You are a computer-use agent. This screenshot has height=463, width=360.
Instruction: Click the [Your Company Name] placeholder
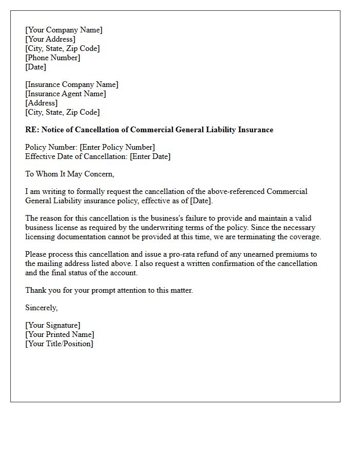[x=64, y=30]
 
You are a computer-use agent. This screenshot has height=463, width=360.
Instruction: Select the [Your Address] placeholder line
[x=50, y=39]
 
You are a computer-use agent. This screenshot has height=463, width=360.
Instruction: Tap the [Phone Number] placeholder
[x=52, y=58]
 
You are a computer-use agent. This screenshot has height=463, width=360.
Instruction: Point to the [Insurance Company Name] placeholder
[x=71, y=84]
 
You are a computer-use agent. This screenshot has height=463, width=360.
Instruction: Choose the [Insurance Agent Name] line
[x=65, y=94]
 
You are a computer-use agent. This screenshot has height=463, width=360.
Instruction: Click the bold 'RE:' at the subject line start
[x=32, y=130]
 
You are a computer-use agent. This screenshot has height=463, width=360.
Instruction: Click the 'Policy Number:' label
[x=51, y=147]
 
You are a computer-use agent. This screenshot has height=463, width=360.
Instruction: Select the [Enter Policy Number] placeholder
[x=117, y=147]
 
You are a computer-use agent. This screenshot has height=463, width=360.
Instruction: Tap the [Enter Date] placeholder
[x=150, y=156]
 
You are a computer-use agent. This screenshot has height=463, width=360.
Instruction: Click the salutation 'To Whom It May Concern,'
[x=70, y=174]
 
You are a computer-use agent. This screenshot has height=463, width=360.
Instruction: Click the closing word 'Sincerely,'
[x=42, y=308]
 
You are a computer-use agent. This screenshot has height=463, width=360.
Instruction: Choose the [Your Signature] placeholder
[x=52, y=325]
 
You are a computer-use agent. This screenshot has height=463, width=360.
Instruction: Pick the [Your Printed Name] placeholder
[x=60, y=334]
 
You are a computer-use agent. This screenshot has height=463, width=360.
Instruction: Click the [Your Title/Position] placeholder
[x=59, y=344]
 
